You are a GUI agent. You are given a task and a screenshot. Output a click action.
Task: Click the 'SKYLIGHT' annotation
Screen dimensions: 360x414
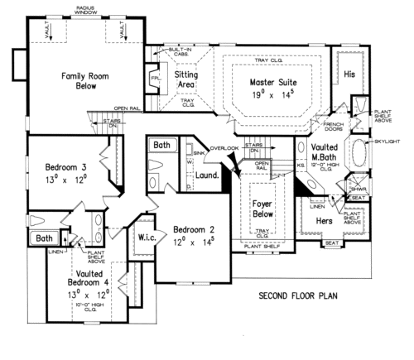[388, 142]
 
